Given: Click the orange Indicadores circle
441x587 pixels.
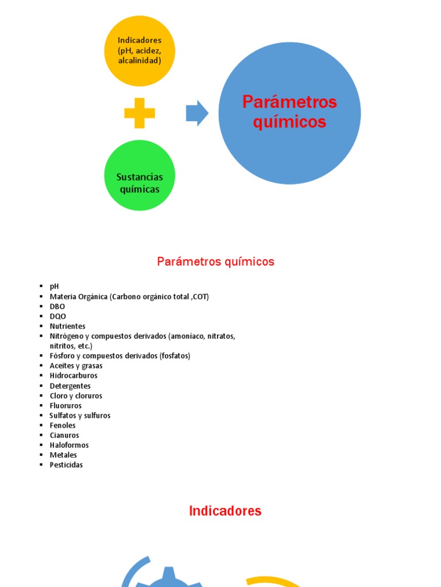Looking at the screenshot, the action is [x=140, y=50].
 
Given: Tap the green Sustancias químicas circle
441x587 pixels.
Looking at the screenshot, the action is [x=140, y=175].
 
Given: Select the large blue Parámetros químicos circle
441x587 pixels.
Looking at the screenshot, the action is [x=289, y=113].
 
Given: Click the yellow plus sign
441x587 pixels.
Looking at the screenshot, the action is [x=140, y=113].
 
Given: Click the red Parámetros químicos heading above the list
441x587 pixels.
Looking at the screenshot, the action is [x=216, y=262].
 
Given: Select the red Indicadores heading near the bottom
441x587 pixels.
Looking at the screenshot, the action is [x=225, y=511].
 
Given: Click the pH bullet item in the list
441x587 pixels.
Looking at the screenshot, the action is [x=55, y=287].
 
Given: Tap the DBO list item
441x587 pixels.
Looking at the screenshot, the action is [x=57, y=307].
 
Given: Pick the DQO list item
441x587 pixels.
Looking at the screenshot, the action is [x=57, y=316].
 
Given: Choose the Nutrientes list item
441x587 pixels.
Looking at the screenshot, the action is [x=68, y=326].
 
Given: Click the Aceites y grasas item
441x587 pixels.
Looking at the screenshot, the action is [x=76, y=366].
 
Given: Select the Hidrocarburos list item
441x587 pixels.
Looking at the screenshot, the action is [x=73, y=375].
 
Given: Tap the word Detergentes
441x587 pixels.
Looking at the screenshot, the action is [x=70, y=386].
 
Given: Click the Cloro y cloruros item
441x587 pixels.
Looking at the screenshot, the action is [x=76, y=396].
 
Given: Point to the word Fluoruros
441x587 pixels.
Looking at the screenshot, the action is [x=66, y=405].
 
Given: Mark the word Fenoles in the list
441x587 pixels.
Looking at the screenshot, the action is [x=63, y=425].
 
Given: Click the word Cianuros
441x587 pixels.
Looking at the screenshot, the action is [x=64, y=435].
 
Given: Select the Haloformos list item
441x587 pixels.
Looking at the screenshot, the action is [x=69, y=445].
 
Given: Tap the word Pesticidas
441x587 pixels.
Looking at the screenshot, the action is [x=67, y=465].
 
